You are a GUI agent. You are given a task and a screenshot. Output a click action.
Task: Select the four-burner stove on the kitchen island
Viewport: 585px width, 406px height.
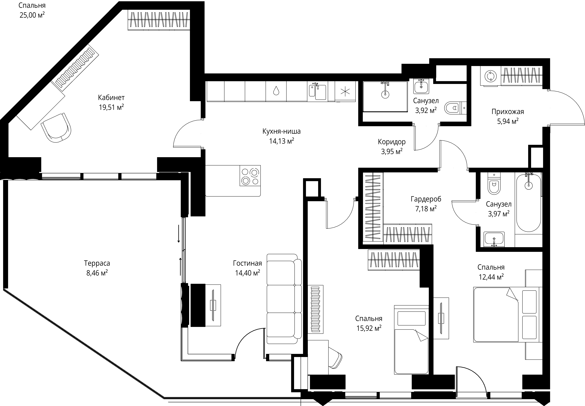tap(250, 175)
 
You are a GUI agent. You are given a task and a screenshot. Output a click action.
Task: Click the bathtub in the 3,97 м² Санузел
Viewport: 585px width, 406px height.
tap(528, 202)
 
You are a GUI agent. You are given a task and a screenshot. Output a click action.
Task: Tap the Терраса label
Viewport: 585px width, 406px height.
tap(97, 263)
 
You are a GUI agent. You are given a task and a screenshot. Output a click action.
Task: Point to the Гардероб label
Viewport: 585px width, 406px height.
tap(426, 199)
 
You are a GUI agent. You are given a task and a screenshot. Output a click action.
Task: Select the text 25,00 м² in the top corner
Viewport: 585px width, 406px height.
tap(32, 15)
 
